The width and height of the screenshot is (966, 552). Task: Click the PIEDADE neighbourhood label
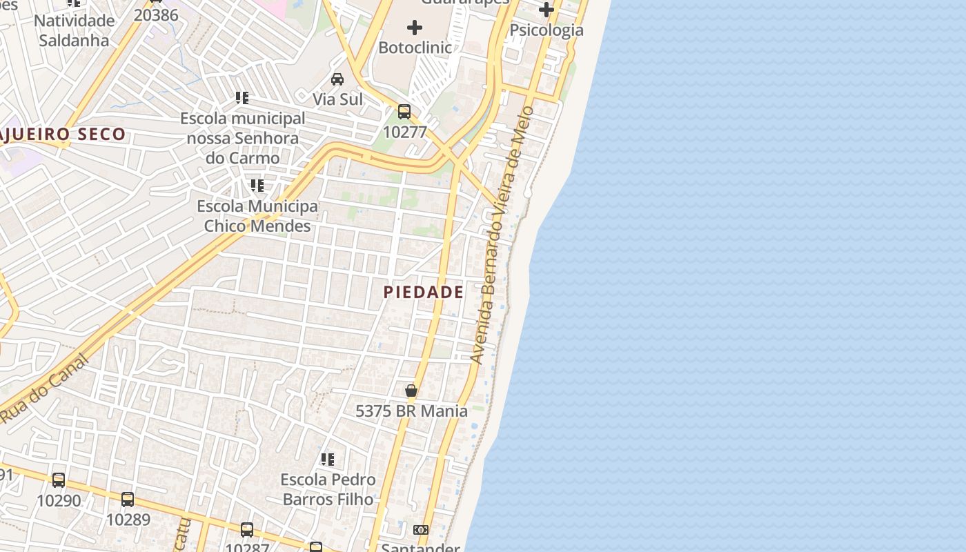pyautogui.click(x=424, y=292)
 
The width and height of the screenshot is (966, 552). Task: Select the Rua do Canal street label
pyautogui.click(x=45, y=388)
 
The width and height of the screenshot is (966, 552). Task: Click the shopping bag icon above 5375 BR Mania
pyautogui.click(x=411, y=391)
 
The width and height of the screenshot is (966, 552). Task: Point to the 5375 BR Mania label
pyautogui.click(x=411, y=411)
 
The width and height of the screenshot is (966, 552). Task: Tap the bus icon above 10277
pyautogui.click(x=404, y=112)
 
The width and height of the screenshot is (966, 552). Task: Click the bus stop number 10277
pyautogui.click(x=404, y=132)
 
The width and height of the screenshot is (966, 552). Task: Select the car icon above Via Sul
pyautogui.click(x=337, y=79)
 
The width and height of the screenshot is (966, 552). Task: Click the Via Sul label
pyautogui.click(x=337, y=99)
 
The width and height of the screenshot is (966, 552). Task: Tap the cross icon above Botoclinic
pyautogui.click(x=415, y=28)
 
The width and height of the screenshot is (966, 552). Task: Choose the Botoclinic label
pyautogui.click(x=415, y=48)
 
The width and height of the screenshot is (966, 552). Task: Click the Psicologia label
pyautogui.click(x=546, y=30)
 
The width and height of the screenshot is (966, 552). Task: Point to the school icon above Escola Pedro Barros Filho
pyautogui.click(x=328, y=460)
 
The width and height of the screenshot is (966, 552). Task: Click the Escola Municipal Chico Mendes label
pyautogui.click(x=257, y=216)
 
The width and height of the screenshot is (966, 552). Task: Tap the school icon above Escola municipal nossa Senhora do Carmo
pyautogui.click(x=241, y=98)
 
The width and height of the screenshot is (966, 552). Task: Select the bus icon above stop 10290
pyautogui.click(x=59, y=480)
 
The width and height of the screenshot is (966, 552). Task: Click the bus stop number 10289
pyautogui.click(x=128, y=519)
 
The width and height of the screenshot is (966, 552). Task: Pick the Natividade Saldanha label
pyautogui.click(x=74, y=30)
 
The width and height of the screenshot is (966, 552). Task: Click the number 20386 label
pyautogui.click(x=155, y=15)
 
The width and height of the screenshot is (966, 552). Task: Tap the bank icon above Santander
pyautogui.click(x=420, y=530)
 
